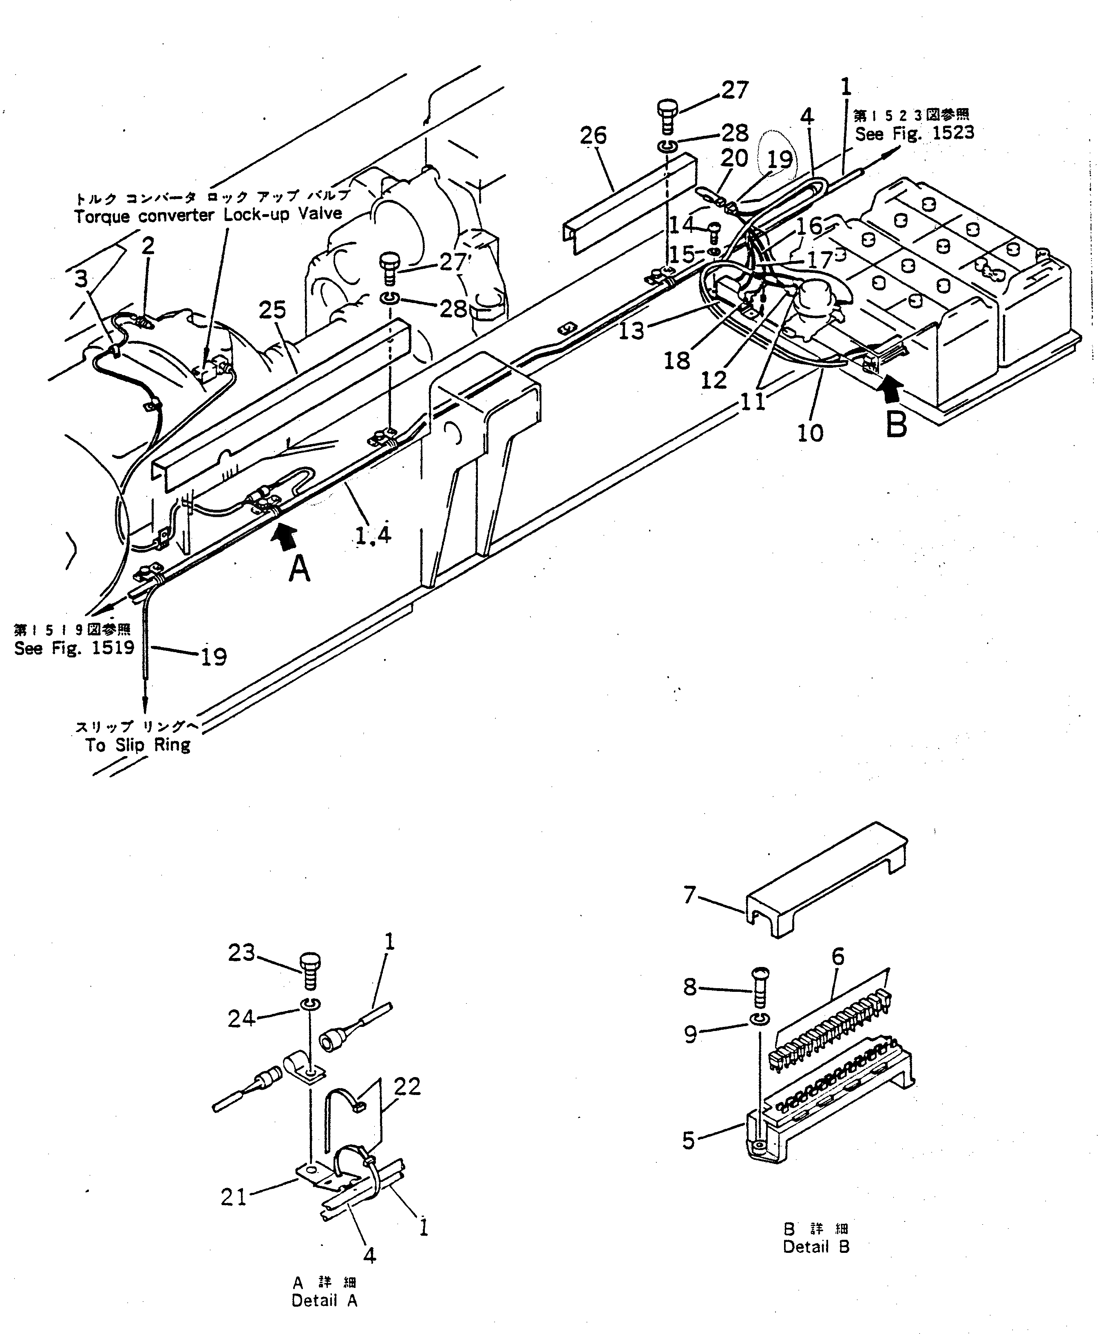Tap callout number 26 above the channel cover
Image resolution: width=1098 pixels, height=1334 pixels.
593,135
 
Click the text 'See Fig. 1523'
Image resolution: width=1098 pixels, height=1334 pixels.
914,133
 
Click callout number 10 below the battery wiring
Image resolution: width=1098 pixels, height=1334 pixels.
810,433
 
